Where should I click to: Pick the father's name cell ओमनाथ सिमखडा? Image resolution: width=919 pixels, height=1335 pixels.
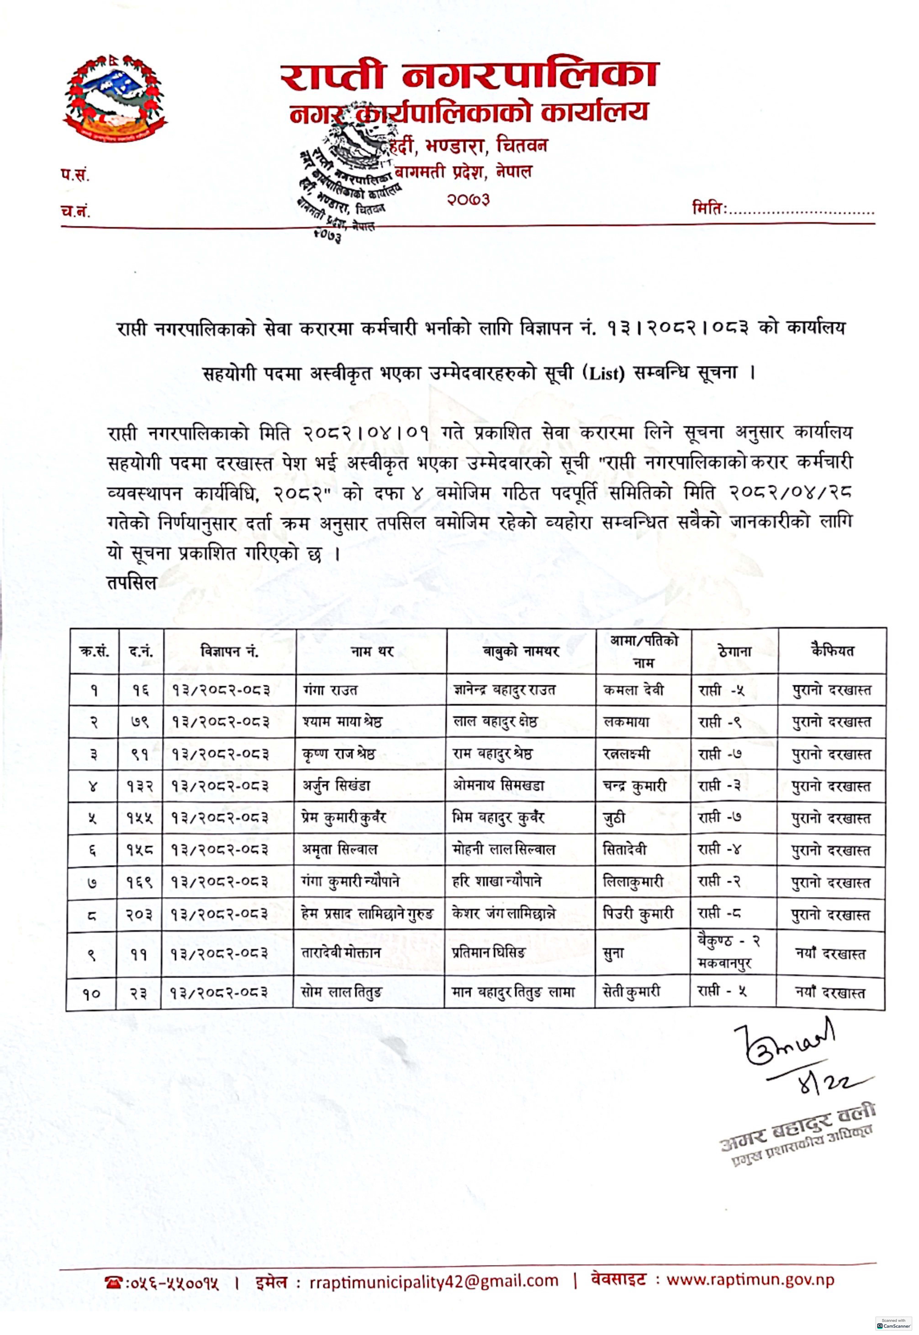(x=499, y=786)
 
